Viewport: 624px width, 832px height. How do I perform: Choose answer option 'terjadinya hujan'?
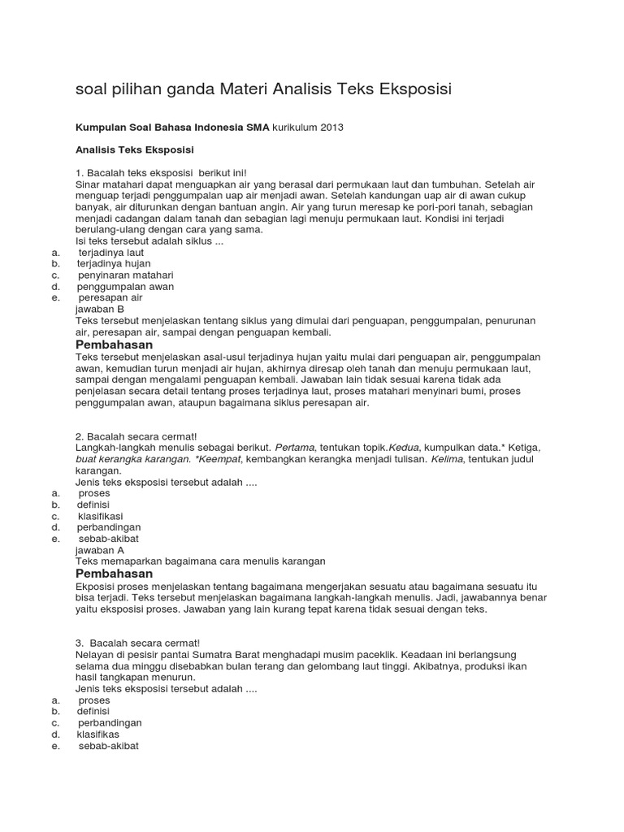(x=114, y=264)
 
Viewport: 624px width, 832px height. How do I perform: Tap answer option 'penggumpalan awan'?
(x=125, y=287)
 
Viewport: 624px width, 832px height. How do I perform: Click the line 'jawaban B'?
(x=99, y=310)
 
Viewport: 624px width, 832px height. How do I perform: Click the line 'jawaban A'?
(x=99, y=550)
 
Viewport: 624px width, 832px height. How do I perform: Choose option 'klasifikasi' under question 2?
(x=101, y=516)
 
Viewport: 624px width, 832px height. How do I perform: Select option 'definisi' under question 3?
(x=93, y=711)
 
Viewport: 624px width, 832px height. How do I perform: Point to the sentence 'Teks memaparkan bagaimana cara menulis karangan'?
(x=200, y=561)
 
